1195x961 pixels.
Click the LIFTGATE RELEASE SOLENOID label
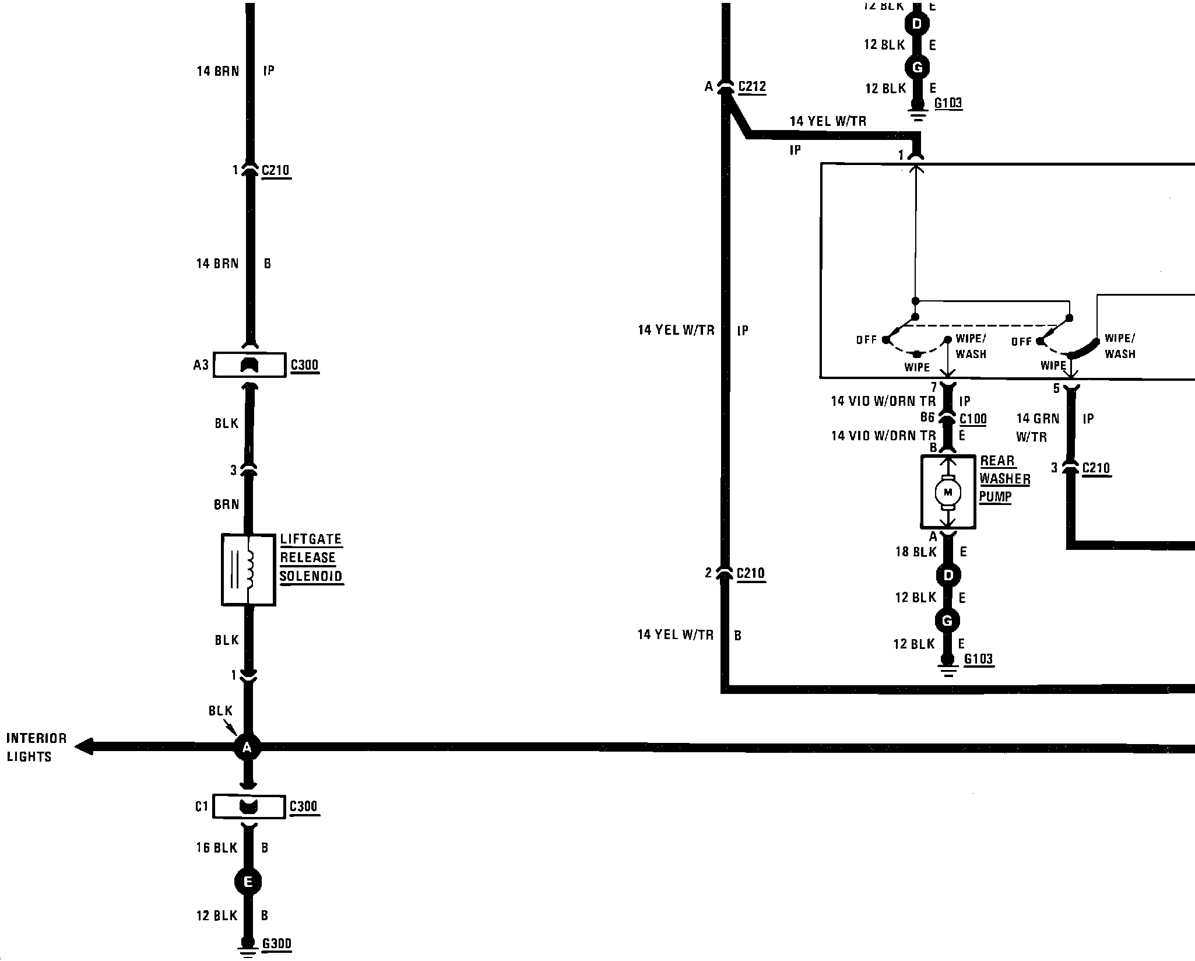click(311, 557)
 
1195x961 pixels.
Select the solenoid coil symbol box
click(248, 570)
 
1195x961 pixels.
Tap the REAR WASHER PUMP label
click(1004, 479)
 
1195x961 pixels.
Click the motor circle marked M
click(947, 493)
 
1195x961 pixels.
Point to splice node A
click(247, 747)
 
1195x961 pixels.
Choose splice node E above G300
click(248, 882)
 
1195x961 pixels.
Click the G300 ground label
click(277, 944)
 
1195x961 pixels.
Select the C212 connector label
click(752, 87)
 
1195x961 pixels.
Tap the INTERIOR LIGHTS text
click(36, 748)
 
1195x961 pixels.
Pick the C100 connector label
click(973, 419)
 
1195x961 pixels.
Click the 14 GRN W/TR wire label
click(1037, 427)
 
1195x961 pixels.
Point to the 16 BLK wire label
click(217, 848)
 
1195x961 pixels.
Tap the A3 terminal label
click(201, 365)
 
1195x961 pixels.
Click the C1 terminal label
click(201, 807)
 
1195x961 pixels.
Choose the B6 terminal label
click(927, 418)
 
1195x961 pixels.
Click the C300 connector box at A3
click(249, 365)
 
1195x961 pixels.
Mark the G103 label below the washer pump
click(978, 659)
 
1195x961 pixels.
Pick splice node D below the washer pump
click(948, 576)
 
